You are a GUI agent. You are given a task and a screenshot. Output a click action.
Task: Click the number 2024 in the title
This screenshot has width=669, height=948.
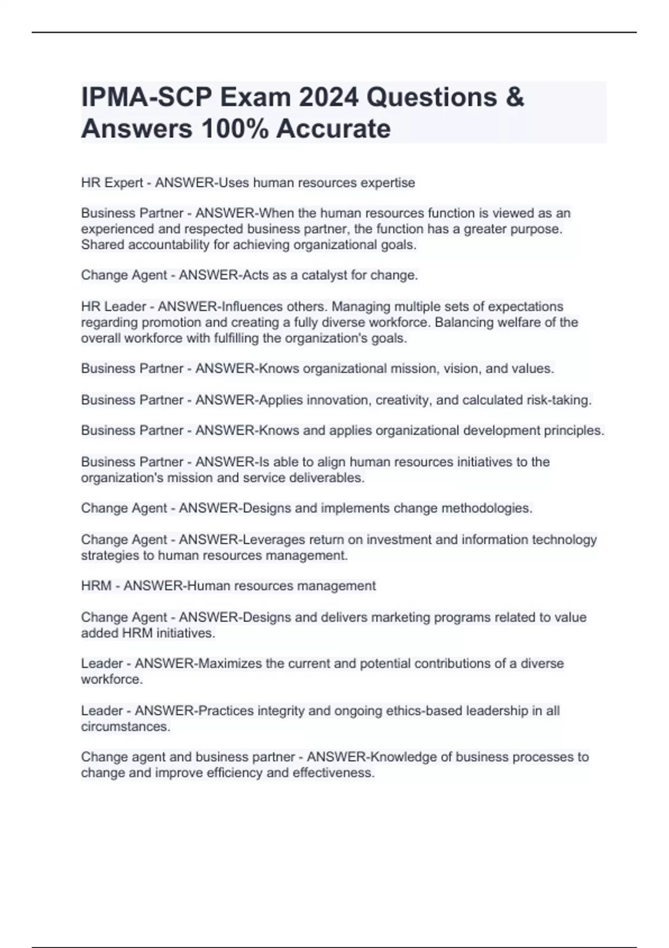[328, 97]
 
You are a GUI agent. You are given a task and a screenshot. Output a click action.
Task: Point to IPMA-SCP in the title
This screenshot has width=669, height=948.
[147, 97]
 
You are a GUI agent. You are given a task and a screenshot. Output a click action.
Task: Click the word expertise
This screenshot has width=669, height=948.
[387, 183]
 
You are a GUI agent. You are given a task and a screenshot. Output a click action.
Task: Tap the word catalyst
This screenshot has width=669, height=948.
[324, 275]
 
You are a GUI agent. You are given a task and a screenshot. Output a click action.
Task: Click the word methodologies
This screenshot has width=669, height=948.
[487, 508]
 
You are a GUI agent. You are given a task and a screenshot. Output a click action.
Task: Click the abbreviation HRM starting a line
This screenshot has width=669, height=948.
[96, 586]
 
